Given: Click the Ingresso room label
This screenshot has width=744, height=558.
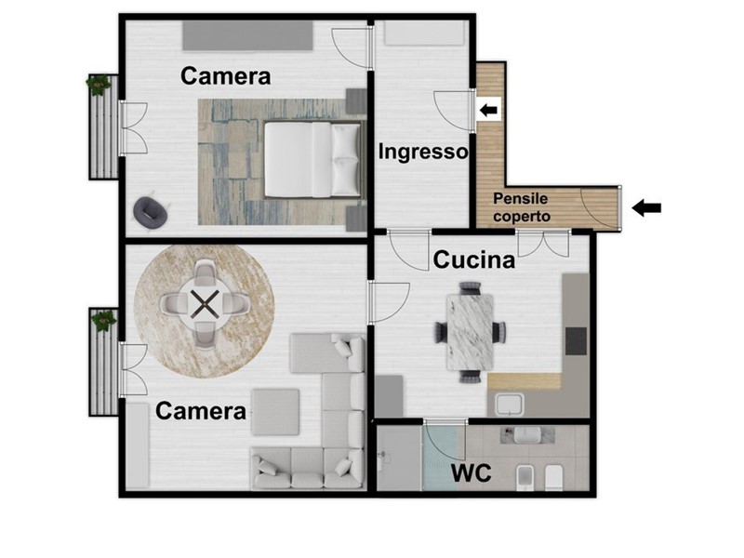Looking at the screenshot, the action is click(423, 152).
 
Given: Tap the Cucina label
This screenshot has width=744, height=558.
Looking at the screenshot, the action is click(474, 260).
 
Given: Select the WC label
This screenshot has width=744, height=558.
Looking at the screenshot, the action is click(471, 473).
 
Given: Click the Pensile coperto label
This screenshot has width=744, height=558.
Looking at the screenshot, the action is click(521, 207).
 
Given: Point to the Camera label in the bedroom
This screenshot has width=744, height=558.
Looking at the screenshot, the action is click(225, 76).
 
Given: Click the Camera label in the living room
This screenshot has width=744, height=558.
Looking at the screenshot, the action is click(201, 411).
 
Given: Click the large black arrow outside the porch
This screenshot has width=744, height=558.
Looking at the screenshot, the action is click(646, 207).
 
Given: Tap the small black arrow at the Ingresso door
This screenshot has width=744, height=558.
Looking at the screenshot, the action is click(489, 111).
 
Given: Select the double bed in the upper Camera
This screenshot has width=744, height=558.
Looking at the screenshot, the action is click(312, 159).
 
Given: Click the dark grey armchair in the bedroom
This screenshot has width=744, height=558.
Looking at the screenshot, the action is click(151, 212).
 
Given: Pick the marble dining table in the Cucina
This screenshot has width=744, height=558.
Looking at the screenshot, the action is click(470, 332).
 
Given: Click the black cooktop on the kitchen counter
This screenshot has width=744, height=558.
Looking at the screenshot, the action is click(576, 341).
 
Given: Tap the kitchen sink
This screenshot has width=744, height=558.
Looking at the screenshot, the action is click(509, 405).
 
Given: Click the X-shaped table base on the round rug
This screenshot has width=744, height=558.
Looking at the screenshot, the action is click(205, 304).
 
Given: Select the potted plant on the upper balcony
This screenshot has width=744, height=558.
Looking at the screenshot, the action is click(99, 85).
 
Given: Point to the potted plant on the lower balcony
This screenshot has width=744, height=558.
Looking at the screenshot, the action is click(104, 320).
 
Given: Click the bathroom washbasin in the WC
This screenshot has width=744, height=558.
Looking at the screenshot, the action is click(526, 435).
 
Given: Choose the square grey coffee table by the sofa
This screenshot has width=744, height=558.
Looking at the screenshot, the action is click(275, 412).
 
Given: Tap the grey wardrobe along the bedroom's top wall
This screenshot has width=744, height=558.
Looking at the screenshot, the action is click(247, 34).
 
